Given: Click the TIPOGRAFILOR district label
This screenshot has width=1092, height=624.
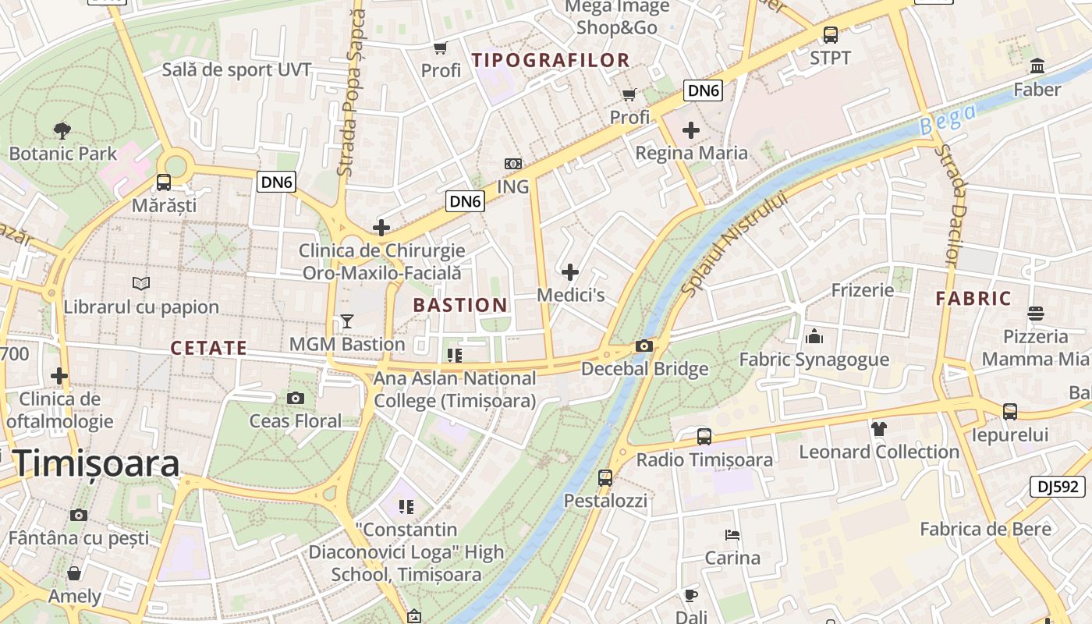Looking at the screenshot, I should pyautogui.click(x=551, y=60).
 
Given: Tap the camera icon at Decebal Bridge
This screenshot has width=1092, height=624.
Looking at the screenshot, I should pyautogui.click(x=644, y=346).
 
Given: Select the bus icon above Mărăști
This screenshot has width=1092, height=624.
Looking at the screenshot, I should pyautogui.click(x=164, y=183).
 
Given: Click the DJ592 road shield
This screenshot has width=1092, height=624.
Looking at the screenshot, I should pyautogui.click(x=1058, y=487).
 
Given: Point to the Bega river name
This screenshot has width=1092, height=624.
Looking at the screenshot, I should pyautogui.click(x=947, y=119).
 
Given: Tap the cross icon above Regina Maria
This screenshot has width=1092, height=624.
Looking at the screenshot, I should pyautogui.click(x=691, y=129).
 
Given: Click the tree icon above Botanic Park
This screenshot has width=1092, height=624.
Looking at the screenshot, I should pyautogui.click(x=62, y=131).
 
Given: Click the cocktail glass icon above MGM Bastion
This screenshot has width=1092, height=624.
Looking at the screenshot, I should pyautogui.click(x=347, y=321).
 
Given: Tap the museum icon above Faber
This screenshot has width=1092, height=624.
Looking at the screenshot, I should pyautogui.click(x=1037, y=66).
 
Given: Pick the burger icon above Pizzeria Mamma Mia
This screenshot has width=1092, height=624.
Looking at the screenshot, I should pyautogui.click(x=1036, y=314).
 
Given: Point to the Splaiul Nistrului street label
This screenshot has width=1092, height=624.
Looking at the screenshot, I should pyautogui.click(x=735, y=243).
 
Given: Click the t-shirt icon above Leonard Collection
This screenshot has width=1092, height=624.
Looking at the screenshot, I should pyautogui.click(x=879, y=428).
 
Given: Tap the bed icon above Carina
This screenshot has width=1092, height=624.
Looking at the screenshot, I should pyautogui.click(x=732, y=535).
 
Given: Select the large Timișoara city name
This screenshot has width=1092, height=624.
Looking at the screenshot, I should pyautogui.click(x=96, y=463).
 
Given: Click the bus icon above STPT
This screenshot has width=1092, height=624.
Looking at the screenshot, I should pyautogui.click(x=831, y=35).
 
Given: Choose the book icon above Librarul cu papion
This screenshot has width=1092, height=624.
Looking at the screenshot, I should pyautogui.click(x=141, y=284).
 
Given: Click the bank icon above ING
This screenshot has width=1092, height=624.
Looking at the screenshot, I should pyautogui.click(x=512, y=164).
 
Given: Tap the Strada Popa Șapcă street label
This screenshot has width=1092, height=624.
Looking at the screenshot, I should pyautogui.click(x=351, y=92).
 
